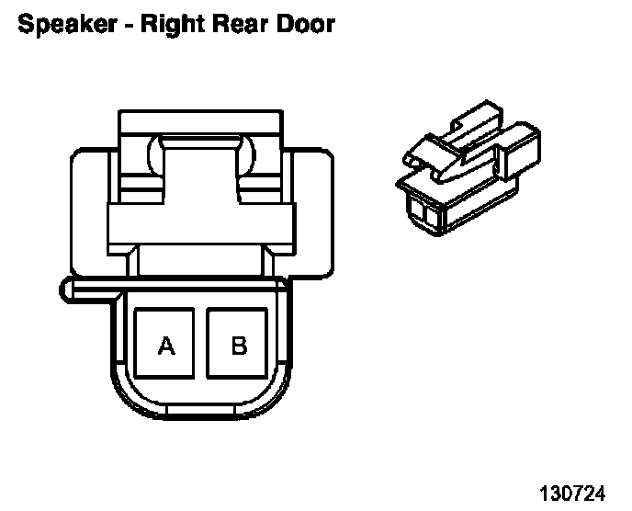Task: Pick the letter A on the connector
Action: pos(166,346)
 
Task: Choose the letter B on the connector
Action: pos(239,346)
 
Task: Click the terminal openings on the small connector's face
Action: pos(424,213)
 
